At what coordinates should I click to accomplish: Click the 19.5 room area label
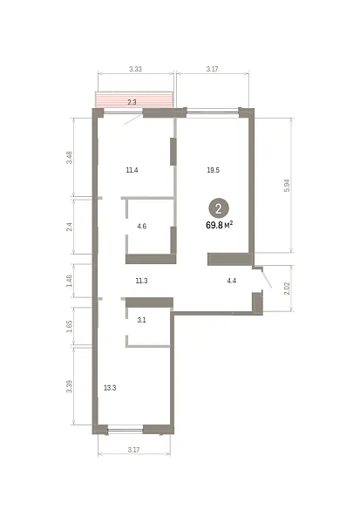[214, 170]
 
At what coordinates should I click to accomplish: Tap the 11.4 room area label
[132, 170]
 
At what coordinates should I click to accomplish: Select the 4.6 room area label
[142, 227]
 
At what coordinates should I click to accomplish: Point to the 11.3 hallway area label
[141, 281]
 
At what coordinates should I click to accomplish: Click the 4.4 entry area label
[232, 281]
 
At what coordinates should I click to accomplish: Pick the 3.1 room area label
[141, 320]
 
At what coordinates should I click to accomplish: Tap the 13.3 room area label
[110, 388]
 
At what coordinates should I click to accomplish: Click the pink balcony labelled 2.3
[134, 100]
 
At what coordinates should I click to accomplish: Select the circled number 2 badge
[219, 209]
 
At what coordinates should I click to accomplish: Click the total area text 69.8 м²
[219, 225]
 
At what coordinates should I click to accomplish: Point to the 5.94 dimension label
[287, 186]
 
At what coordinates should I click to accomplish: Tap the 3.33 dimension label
[135, 69]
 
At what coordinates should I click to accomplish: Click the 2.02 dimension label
[287, 289]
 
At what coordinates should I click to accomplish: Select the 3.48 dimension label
[70, 158]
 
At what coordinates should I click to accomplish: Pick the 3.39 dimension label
[70, 386]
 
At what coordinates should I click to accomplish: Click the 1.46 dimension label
[70, 281]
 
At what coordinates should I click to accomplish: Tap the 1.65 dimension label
[70, 327]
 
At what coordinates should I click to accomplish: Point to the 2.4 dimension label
[70, 228]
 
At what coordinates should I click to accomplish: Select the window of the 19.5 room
[213, 112]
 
